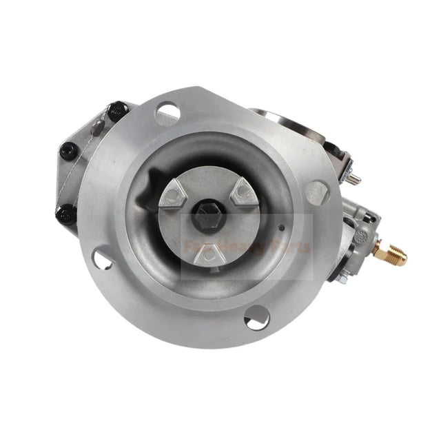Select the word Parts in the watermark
coord(292,246)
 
